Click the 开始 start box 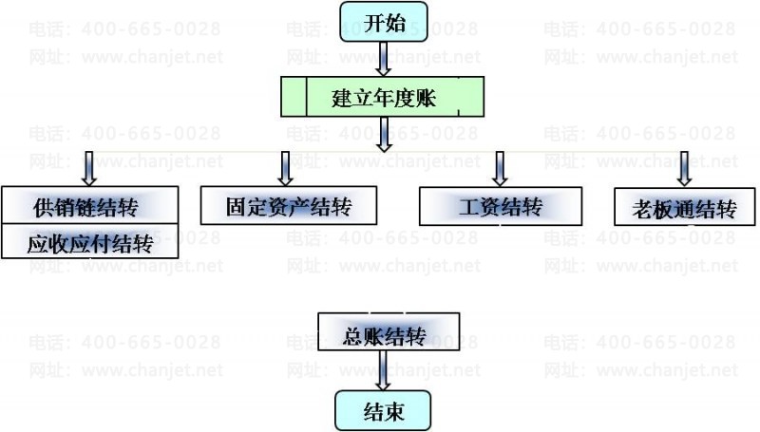[384, 22]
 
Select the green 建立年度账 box [382, 97]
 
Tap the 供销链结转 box [89, 205]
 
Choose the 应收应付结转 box [89, 241]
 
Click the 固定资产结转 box [289, 206]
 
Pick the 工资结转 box [501, 206]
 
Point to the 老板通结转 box [684, 207]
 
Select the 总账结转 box [389, 331]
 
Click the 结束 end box [383, 411]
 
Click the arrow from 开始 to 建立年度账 [384, 59]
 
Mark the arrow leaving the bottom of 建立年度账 [384, 135]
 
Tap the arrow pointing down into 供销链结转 [88, 169]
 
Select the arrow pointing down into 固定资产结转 [286, 169]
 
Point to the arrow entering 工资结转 [500, 169]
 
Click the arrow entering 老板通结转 [684, 169]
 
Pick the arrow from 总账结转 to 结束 [383, 370]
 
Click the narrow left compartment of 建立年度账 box [294, 97]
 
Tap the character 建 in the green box [342, 98]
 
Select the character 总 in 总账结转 [352, 336]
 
